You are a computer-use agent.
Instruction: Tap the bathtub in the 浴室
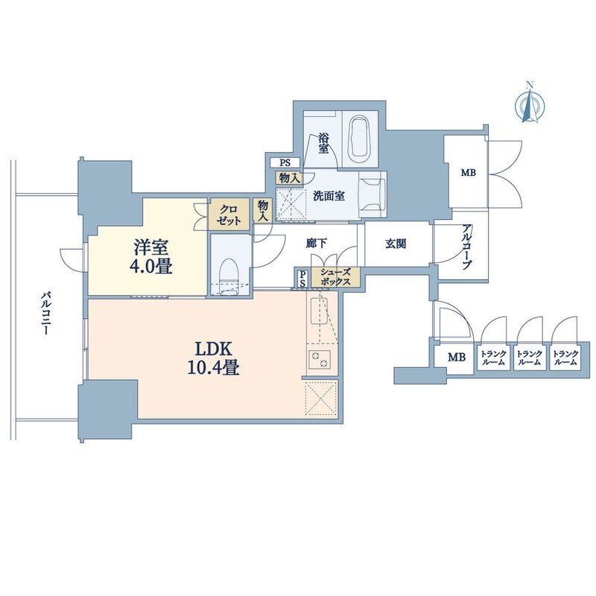click(360, 139)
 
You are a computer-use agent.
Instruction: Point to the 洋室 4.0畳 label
click(153, 257)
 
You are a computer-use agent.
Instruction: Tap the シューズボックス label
click(335, 277)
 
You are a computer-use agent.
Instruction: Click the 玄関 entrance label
click(396, 244)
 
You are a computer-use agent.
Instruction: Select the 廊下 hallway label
click(316, 244)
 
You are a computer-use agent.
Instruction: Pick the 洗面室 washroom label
click(329, 196)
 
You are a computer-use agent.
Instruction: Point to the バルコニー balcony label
click(45, 313)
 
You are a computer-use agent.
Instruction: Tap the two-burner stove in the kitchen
click(320, 358)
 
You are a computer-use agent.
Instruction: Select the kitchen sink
click(320, 311)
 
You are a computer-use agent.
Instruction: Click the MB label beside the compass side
click(469, 173)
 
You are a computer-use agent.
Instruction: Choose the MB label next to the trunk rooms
click(457, 358)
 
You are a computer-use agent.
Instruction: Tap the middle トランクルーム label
click(529, 358)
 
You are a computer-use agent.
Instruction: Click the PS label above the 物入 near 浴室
click(285, 163)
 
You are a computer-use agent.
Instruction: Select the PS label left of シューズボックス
click(303, 279)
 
